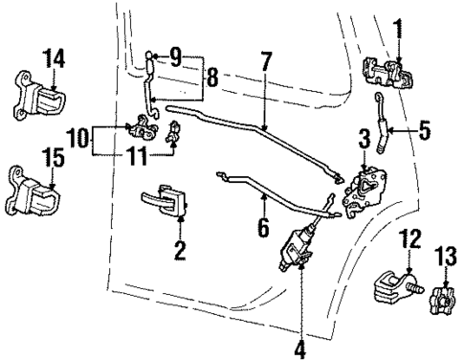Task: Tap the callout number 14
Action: [55, 58]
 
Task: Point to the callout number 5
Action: [429, 124]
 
